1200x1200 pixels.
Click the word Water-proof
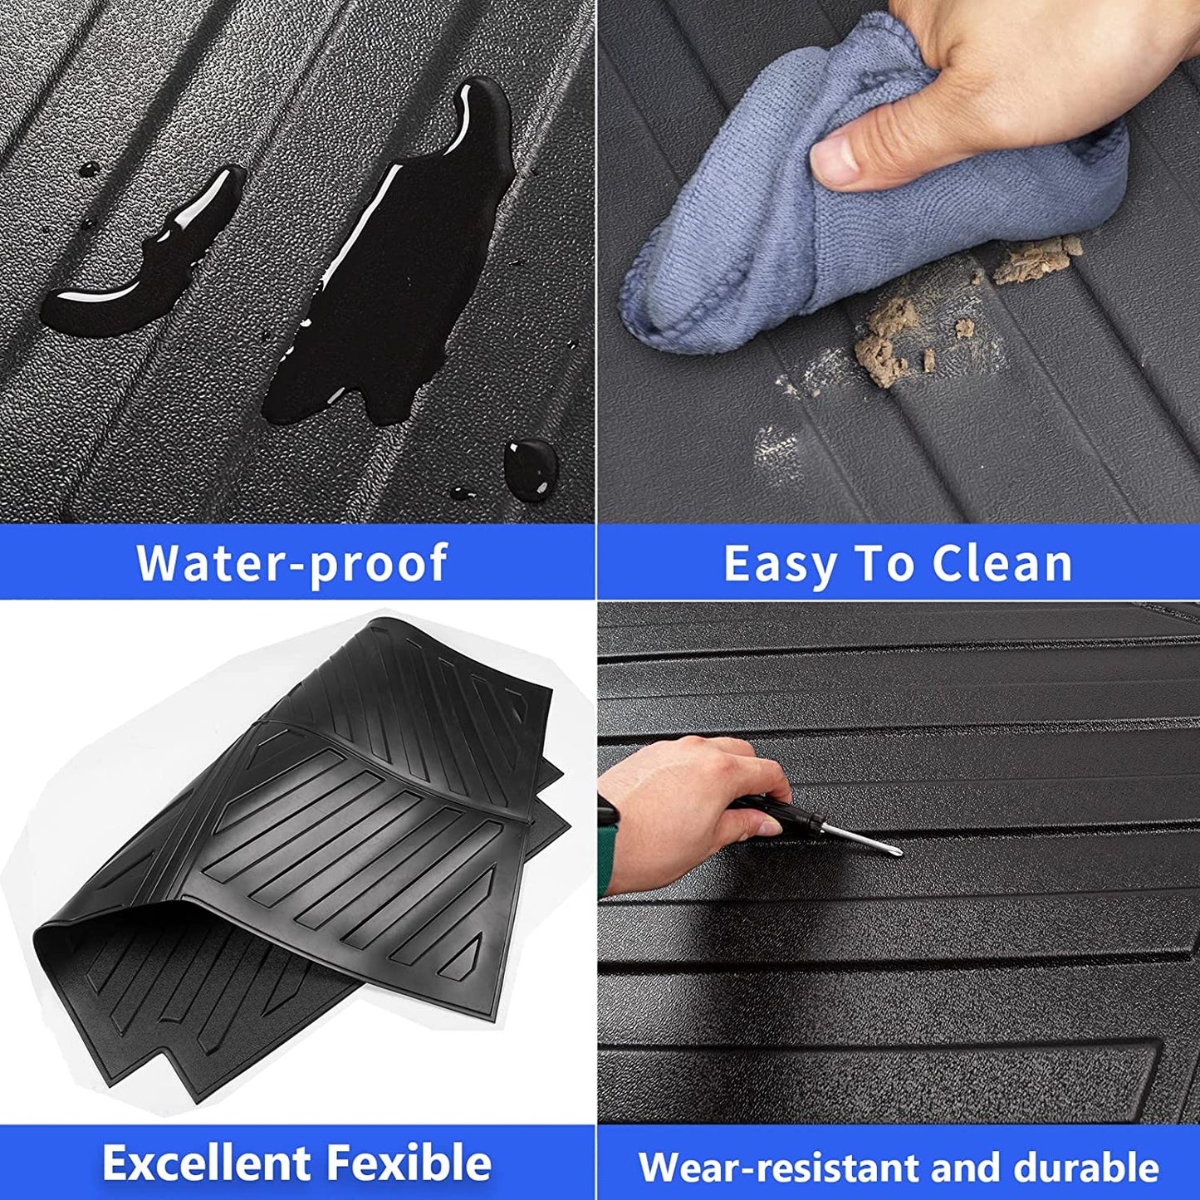[291, 562]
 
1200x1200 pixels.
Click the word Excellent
[206, 1144]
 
